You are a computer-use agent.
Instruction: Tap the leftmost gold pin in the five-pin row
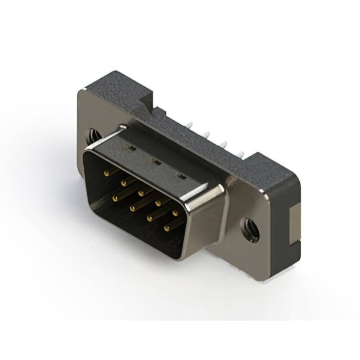106,174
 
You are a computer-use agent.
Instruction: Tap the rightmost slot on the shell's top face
181,176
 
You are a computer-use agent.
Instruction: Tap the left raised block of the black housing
115,87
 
